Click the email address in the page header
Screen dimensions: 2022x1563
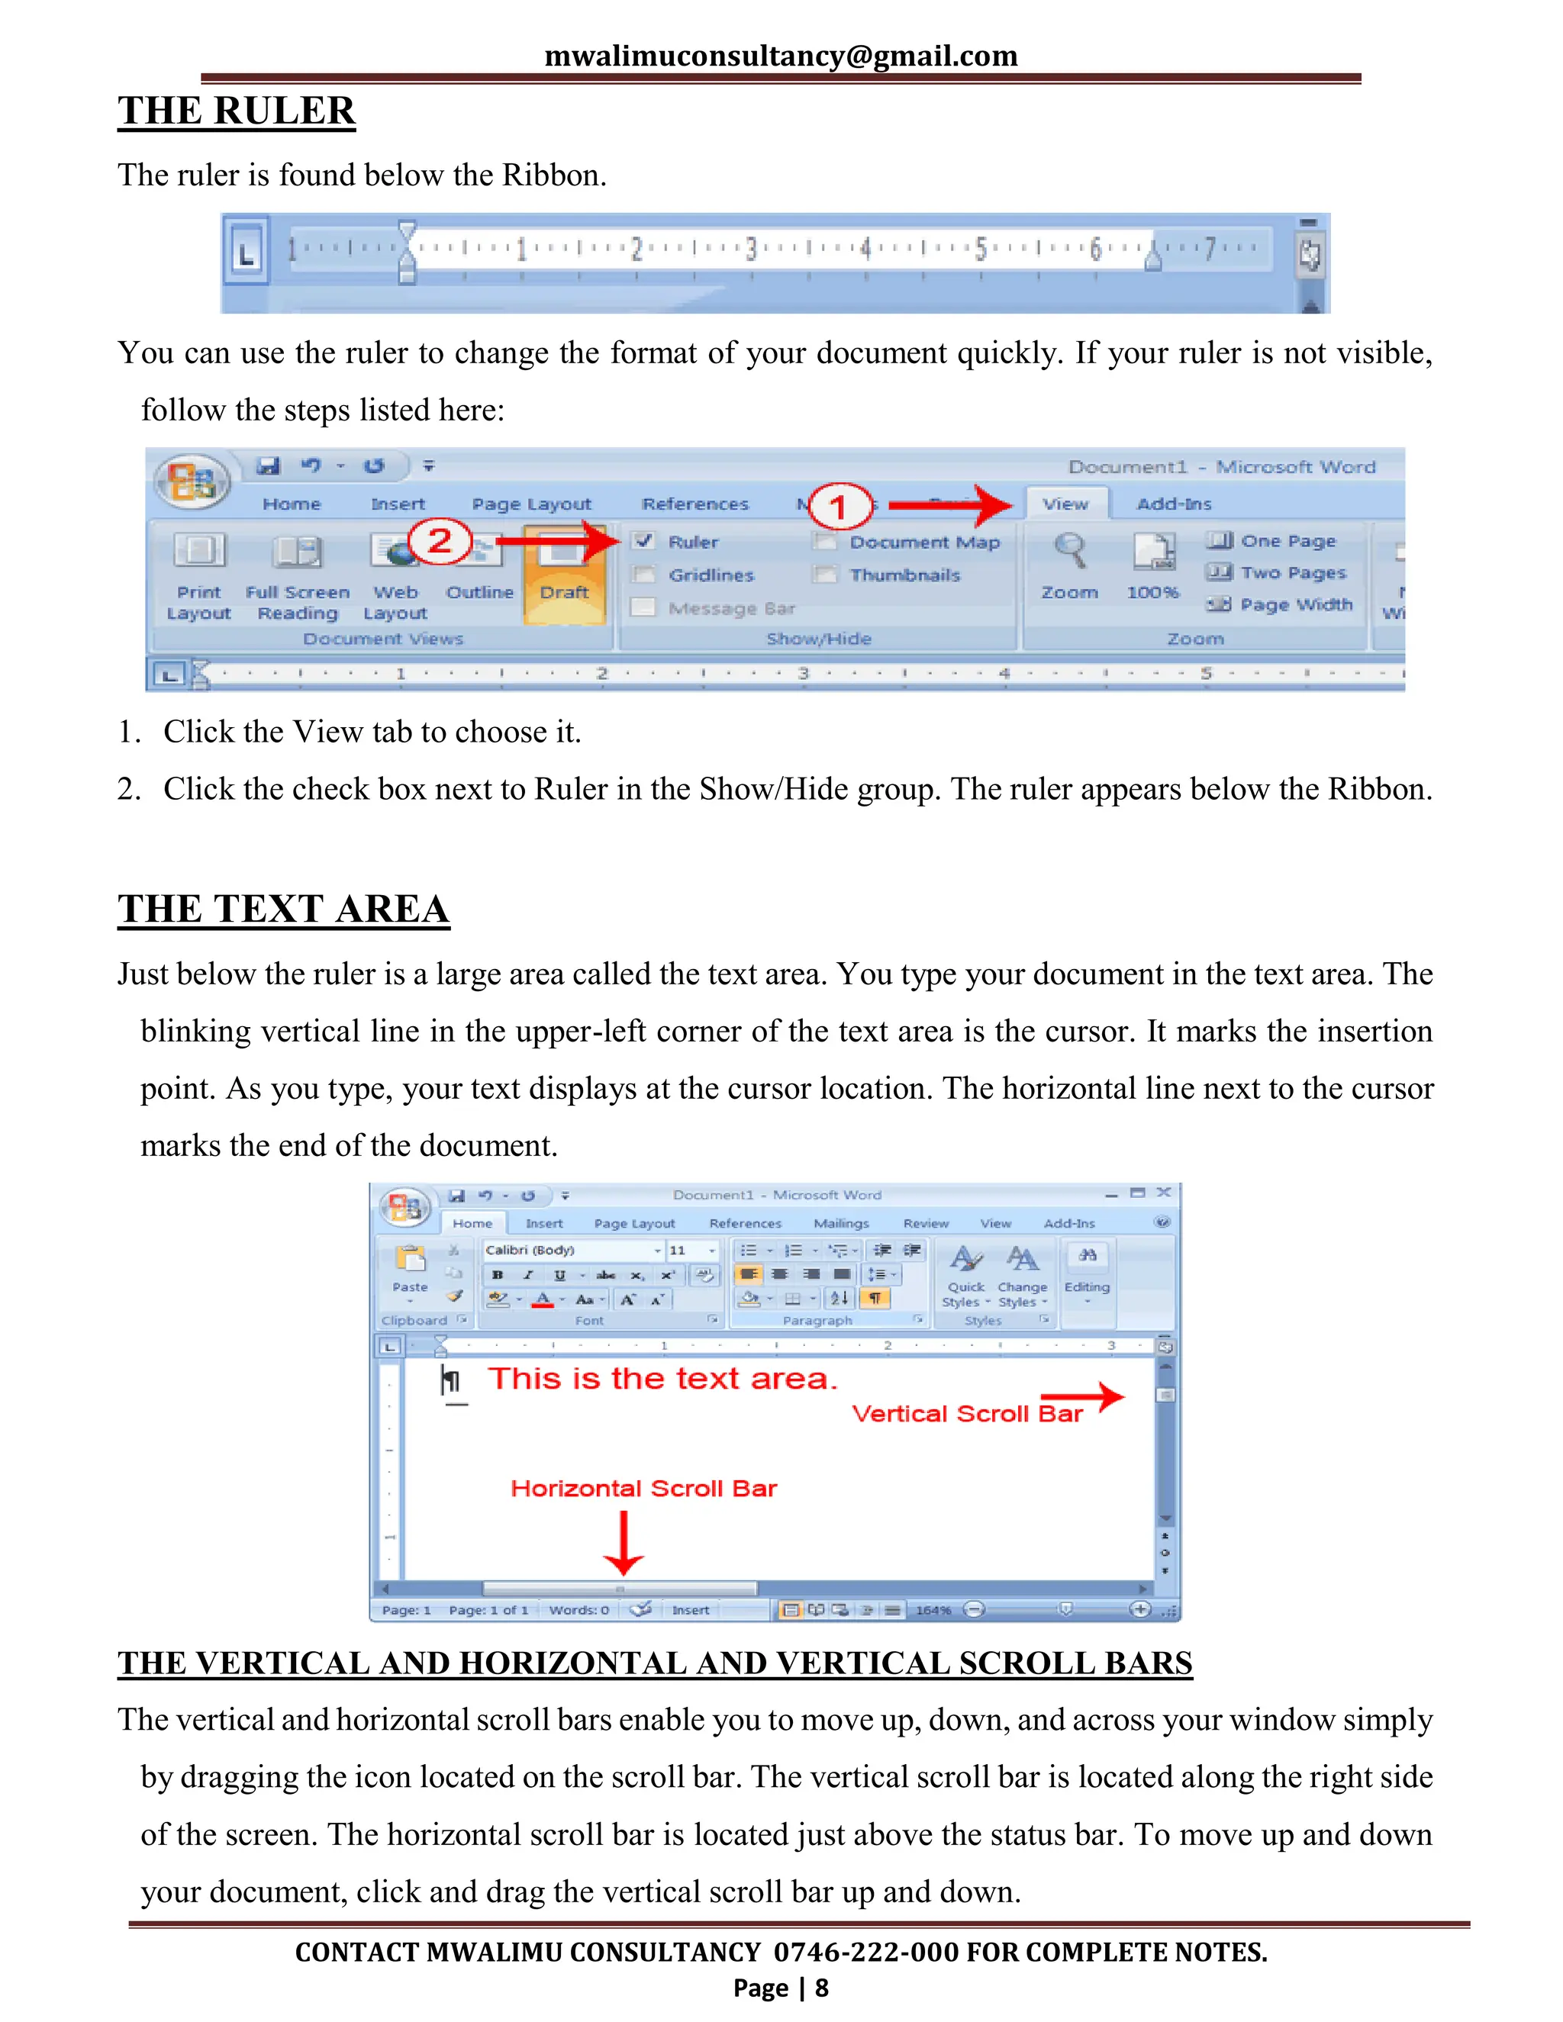pyautogui.click(x=781, y=56)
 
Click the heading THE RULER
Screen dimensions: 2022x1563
pyautogui.click(x=236, y=111)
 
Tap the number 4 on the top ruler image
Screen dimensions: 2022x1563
pyautogui.click(x=865, y=248)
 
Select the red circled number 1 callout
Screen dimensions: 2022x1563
pyautogui.click(x=839, y=507)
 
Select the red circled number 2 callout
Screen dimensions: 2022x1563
pyautogui.click(x=440, y=539)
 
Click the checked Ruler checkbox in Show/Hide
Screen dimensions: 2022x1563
pyautogui.click(x=644, y=541)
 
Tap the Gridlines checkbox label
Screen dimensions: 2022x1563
pyautogui.click(x=711, y=575)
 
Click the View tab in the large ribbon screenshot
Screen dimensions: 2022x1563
pyautogui.click(x=1065, y=504)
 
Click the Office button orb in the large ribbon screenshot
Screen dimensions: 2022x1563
pyautogui.click(x=192, y=481)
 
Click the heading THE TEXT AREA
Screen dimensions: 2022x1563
pyautogui.click(x=283, y=910)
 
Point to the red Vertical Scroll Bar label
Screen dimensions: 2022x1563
pyautogui.click(x=967, y=1414)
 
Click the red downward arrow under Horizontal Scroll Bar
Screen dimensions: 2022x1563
pyautogui.click(x=624, y=1542)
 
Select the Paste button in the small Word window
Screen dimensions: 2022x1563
pyautogui.click(x=410, y=1268)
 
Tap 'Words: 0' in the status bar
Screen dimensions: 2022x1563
pyautogui.click(x=578, y=1610)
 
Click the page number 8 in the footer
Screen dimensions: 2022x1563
pyautogui.click(x=821, y=1988)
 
